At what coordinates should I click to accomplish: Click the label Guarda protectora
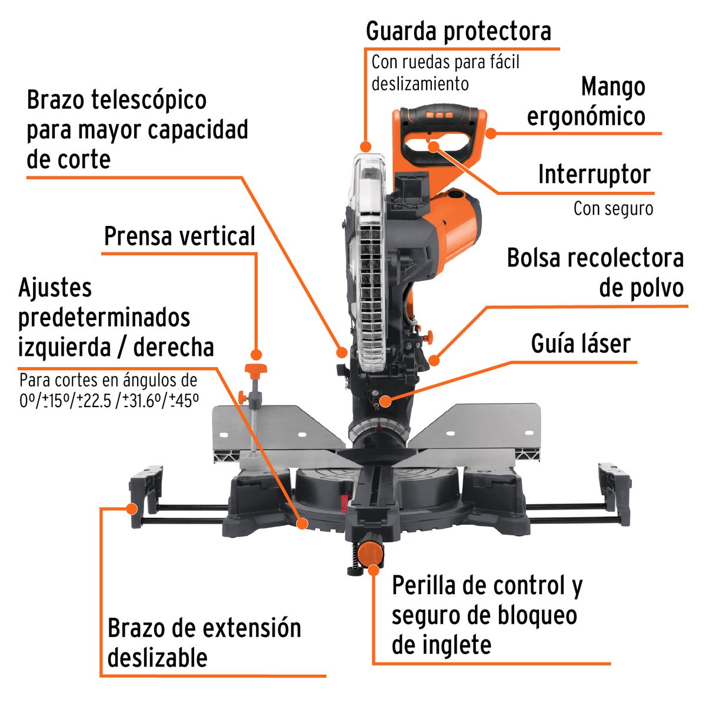click(458, 31)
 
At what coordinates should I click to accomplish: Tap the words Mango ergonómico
click(586, 101)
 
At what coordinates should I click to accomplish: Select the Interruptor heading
click(594, 175)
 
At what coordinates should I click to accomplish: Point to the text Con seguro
click(613, 208)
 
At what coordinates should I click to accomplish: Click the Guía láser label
click(580, 344)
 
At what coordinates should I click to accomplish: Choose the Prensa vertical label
click(179, 237)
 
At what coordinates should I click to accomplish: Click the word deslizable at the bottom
click(157, 657)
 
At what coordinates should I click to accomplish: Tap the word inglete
click(441, 645)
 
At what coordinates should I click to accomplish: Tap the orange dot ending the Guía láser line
click(385, 401)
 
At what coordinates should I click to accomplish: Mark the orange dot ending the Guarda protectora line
click(366, 146)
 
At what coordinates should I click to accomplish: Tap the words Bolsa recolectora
click(595, 258)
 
